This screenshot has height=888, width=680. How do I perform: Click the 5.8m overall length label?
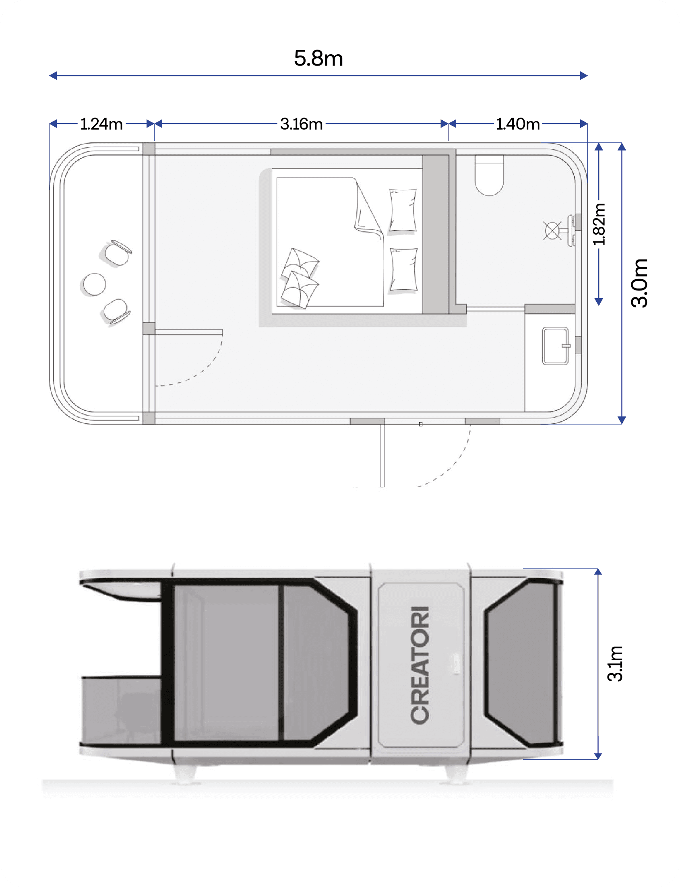click(318, 58)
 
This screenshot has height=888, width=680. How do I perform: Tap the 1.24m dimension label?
click(101, 124)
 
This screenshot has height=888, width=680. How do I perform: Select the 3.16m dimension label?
click(302, 124)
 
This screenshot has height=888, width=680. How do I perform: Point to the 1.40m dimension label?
click(518, 124)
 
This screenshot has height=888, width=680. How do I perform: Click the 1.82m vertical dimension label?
click(599, 224)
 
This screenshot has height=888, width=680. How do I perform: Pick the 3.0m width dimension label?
click(639, 283)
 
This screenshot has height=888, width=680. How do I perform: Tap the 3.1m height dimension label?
click(615, 663)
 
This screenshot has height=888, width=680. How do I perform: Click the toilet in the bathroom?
click(489, 175)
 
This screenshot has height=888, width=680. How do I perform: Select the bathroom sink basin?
click(555, 346)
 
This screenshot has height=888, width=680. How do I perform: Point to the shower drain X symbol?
click(552, 231)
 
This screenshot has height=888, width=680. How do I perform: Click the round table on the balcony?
click(94, 284)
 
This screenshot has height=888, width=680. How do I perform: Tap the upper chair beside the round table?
click(118, 252)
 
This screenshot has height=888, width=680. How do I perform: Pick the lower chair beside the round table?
click(117, 311)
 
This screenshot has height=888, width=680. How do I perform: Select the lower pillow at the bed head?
click(403, 270)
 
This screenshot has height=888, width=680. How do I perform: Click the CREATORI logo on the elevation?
click(420, 665)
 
